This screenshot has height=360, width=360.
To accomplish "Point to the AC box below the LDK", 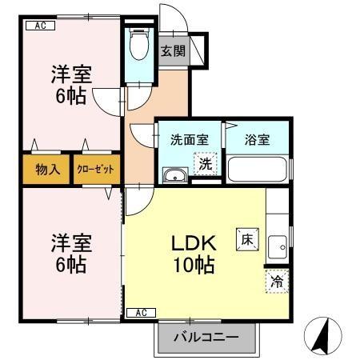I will (139, 312).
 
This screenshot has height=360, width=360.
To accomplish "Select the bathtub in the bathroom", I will (257, 169).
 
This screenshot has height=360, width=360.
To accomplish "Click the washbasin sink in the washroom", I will (174, 176).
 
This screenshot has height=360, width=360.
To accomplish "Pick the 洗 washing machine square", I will (205, 165).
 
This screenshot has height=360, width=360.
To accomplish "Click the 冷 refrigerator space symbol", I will (276, 281).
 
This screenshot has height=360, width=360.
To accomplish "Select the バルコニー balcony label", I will (206, 338).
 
